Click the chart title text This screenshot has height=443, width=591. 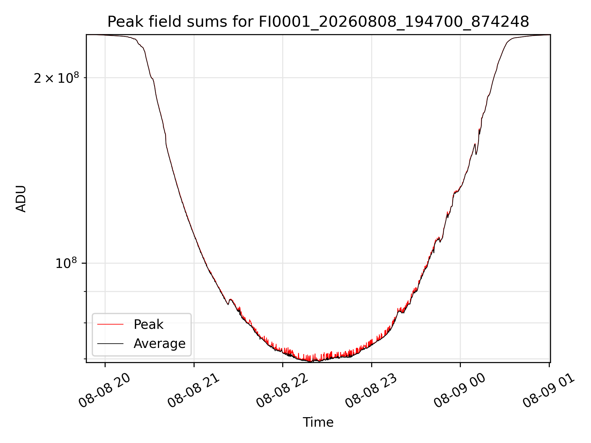click(x=318, y=22)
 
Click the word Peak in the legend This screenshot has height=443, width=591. click(x=148, y=325)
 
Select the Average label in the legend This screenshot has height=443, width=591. click(x=159, y=344)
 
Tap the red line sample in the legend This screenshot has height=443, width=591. click(x=110, y=324)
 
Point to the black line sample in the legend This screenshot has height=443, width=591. click(x=110, y=343)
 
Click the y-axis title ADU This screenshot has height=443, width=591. click(x=21, y=199)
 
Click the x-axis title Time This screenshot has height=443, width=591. click(x=318, y=422)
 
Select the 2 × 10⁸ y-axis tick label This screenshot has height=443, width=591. click(x=56, y=78)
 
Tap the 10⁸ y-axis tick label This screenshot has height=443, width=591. click(x=66, y=264)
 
